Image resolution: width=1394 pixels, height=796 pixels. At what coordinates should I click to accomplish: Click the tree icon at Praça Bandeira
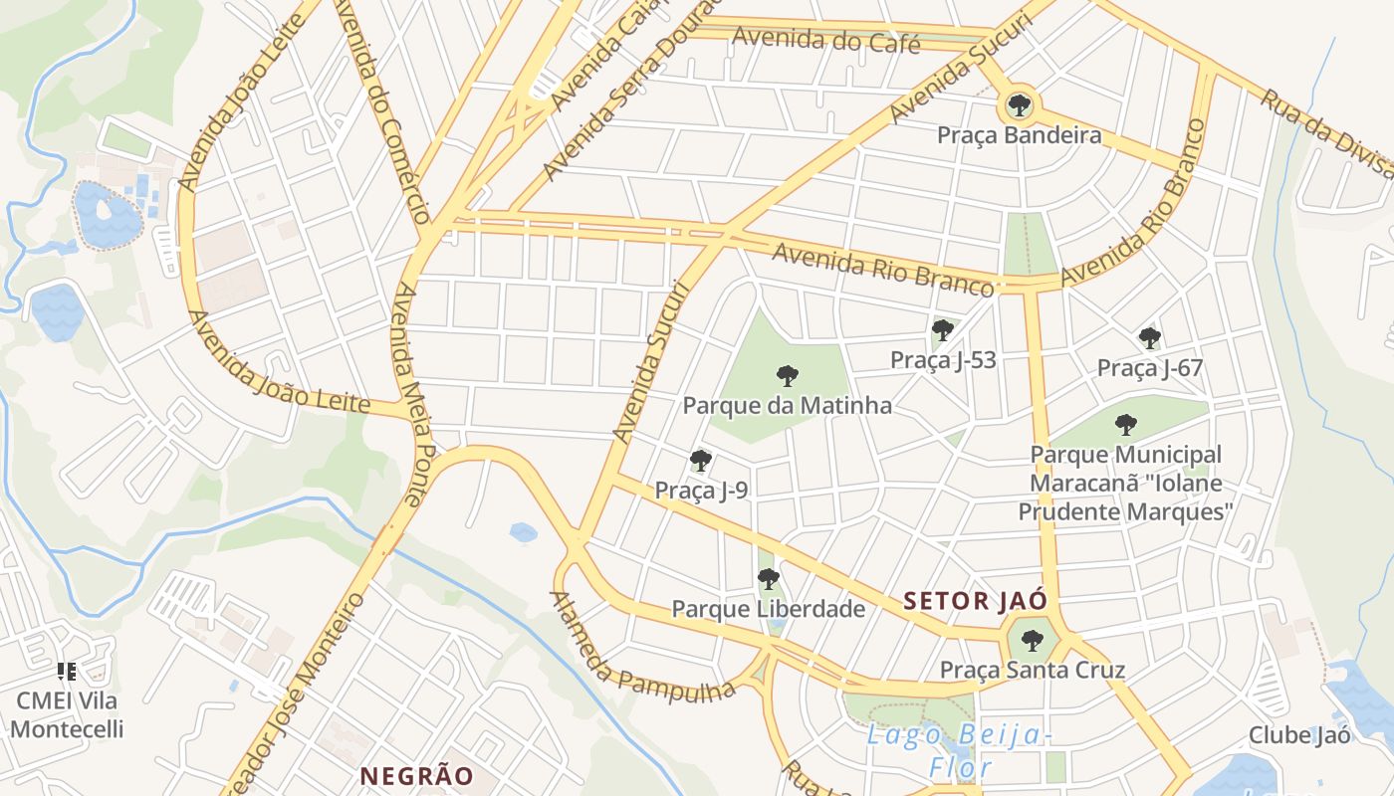[1019, 103]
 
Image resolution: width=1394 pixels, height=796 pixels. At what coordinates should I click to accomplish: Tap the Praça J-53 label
[943, 359]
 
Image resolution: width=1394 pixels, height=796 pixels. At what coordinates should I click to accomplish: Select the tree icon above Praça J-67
[1150, 338]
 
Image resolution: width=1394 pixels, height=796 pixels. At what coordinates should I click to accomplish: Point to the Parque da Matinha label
[787, 406]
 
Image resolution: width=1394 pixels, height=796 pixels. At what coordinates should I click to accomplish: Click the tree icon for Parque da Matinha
[787, 375]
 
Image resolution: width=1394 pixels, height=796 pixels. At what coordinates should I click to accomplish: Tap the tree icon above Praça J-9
[701, 460]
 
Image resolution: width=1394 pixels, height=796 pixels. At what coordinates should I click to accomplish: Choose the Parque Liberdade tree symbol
[768, 578]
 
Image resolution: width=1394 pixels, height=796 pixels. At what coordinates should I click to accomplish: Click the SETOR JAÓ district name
[975, 601]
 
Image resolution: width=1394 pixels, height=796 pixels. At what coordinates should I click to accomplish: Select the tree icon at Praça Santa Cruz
[1033, 640]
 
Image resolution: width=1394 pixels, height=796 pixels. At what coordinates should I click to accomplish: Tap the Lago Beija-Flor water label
[959, 751]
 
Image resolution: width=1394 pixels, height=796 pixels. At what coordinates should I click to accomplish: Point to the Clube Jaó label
[1300, 735]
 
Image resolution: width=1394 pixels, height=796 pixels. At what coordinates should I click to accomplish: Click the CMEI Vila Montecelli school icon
[67, 672]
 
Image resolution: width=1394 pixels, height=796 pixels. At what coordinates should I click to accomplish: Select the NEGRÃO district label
[416, 775]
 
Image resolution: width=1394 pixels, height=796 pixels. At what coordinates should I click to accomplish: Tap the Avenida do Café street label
[825, 42]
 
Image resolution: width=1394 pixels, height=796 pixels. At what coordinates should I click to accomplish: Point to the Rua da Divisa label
[1323, 130]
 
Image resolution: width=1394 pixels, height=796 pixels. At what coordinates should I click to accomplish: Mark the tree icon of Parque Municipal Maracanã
[1125, 425]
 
